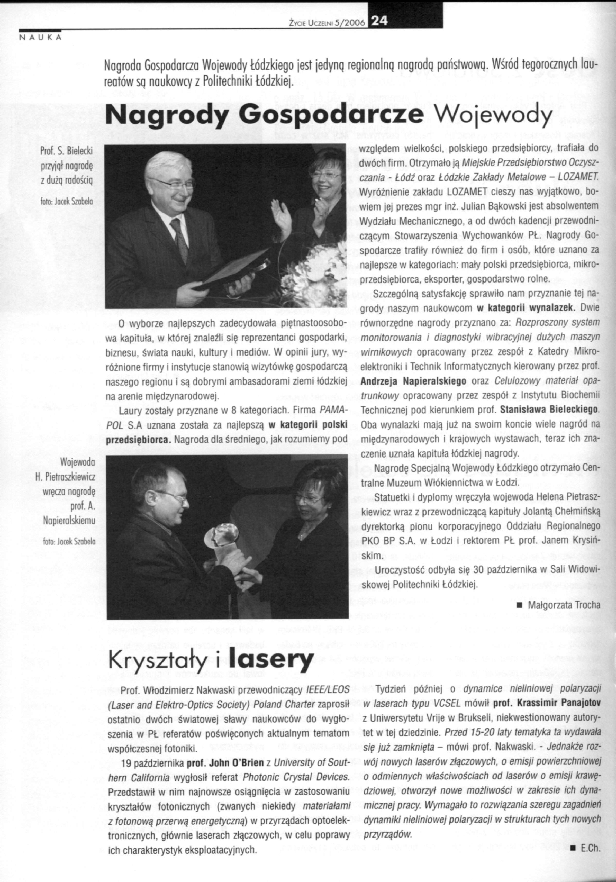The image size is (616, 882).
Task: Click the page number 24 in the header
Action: pos(378,22)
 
